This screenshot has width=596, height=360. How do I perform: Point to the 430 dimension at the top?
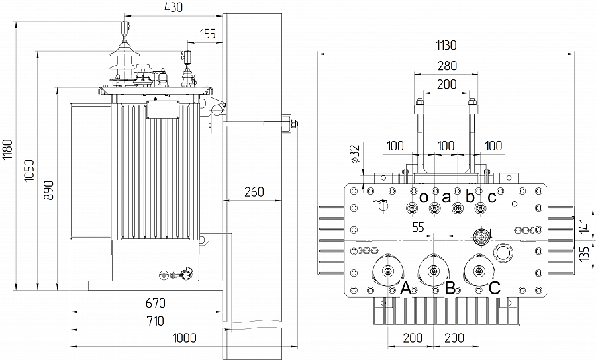pos(174,8)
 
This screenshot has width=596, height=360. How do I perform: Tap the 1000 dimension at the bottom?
pos(184,338)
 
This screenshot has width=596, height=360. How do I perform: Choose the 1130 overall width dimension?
pos(446,45)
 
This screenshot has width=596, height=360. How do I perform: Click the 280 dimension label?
pos(446,66)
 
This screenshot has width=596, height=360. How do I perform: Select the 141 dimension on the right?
pos(584,226)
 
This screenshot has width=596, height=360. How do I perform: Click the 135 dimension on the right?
pos(584,253)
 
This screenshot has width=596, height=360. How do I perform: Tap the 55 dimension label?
pos(418,227)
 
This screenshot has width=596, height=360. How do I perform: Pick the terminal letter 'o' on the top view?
pos(423,196)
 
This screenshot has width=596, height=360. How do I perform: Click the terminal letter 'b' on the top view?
pos(470,196)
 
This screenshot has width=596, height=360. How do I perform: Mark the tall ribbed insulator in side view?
pos(122,56)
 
